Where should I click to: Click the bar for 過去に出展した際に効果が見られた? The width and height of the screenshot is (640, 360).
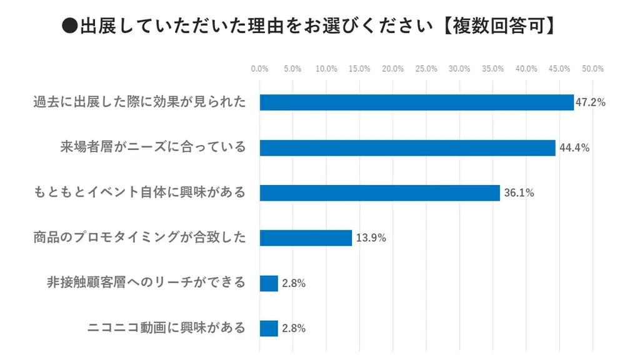click(x=416, y=102)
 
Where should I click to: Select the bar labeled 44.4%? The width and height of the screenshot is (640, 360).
click(x=407, y=147)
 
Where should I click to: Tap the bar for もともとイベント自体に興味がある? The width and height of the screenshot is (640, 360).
click(x=379, y=192)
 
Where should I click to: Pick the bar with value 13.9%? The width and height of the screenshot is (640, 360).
click(x=306, y=237)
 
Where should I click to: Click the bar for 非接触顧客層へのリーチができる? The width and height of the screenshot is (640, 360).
click(x=269, y=283)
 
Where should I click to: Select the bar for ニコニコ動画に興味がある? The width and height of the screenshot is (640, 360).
click(x=269, y=328)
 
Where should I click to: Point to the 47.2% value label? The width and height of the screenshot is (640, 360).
click(x=591, y=102)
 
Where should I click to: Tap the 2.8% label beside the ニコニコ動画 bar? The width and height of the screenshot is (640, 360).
click(x=293, y=328)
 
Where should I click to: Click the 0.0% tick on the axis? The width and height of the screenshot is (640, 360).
click(x=259, y=69)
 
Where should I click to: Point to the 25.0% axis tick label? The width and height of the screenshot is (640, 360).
click(x=426, y=69)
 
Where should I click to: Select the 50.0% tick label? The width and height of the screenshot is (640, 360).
click(x=592, y=69)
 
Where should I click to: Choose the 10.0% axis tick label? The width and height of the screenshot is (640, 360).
click(x=326, y=69)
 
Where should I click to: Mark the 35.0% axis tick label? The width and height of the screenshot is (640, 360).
click(x=492, y=69)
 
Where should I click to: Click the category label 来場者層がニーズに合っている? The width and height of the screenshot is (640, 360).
click(x=153, y=147)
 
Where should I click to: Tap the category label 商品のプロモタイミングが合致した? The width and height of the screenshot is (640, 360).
click(x=139, y=237)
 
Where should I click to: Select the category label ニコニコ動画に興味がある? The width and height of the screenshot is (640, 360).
click(x=166, y=327)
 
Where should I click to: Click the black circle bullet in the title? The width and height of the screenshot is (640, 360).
click(x=70, y=27)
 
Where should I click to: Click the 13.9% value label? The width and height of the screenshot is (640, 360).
click(x=371, y=237)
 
